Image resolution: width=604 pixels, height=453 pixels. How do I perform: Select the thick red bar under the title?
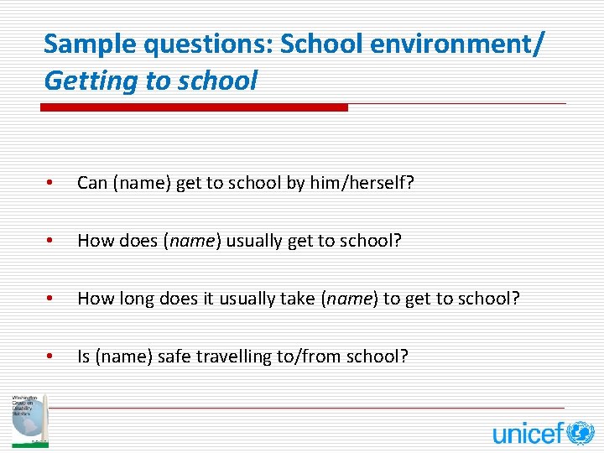point(195,107)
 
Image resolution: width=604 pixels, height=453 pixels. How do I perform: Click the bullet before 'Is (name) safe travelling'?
point(51,357)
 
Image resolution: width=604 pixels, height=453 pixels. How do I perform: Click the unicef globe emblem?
point(580,433)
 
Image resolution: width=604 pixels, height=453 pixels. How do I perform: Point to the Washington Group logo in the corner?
point(29,419)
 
